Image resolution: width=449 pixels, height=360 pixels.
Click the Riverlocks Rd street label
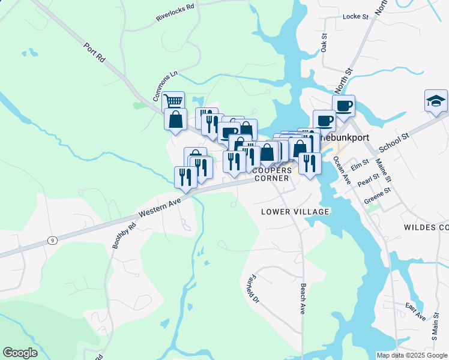(x=176, y=12)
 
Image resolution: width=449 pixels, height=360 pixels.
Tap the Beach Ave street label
(x=303, y=299)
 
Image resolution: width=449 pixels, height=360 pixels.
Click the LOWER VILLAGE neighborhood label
(x=295, y=212)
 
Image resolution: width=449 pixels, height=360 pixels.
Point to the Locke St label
(x=355, y=17)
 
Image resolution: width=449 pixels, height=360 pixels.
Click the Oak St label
(x=324, y=43)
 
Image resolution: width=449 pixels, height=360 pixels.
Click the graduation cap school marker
(x=436, y=101)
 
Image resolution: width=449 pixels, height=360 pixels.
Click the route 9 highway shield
(x=53, y=241)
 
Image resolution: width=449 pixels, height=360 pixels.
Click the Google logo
(x=20, y=353)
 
